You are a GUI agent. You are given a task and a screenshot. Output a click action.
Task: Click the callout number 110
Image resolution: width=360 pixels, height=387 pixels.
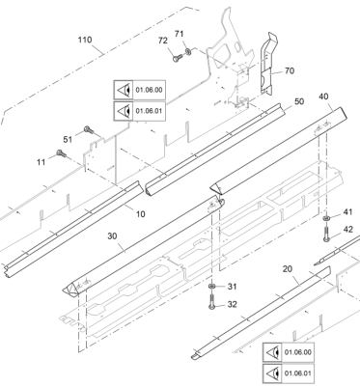pyautogui.click(x=85, y=40)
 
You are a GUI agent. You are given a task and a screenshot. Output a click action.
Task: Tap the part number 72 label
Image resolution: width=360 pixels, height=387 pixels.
pyautogui.click(x=163, y=41)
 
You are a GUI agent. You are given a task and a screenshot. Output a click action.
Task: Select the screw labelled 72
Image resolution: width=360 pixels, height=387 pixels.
pyautogui.click(x=178, y=58)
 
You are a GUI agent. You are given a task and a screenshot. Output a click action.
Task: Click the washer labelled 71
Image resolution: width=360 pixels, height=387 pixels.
pyautogui.click(x=188, y=51)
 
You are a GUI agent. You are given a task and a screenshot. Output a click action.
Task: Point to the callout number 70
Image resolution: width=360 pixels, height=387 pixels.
pyautogui.click(x=290, y=70)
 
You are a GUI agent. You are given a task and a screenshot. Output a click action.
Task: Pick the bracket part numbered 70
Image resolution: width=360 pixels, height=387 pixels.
pyautogui.click(x=269, y=64)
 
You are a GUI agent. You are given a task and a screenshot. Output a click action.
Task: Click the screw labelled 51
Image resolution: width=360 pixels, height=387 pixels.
pyautogui.click(x=88, y=130)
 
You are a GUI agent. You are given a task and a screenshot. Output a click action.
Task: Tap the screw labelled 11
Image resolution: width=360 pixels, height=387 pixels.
pyautogui.click(x=61, y=153)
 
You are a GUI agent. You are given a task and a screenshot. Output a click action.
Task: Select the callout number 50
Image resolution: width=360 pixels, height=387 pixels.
pyautogui.click(x=299, y=101)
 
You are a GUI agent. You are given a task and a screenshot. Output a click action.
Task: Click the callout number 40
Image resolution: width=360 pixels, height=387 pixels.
pyautogui.click(x=323, y=97)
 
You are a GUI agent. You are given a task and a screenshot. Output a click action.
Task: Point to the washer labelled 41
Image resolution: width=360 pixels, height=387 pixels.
pyautogui.click(x=326, y=219)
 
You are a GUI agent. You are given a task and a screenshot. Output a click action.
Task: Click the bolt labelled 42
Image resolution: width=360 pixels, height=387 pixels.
pyautogui.click(x=326, y=234)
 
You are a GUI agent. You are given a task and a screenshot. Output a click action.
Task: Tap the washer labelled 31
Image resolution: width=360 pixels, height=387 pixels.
pyautogui.click(x=212, y=286)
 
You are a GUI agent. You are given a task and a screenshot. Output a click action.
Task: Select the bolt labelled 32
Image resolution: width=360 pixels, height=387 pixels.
pyautogui.click(x=212, y=302)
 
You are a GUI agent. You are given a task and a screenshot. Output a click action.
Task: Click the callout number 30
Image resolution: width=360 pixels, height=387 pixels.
pyautogui.click(x=112, y=236)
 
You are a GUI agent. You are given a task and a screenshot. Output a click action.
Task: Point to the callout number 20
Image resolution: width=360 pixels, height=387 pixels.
pyautogui.click(x=288, y=269)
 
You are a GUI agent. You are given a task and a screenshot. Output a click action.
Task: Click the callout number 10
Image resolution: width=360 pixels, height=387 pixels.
pyautogui.click(x=140, y=214)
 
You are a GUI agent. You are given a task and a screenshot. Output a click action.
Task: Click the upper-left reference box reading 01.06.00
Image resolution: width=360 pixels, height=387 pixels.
pyautogui.click(x=140, y=90)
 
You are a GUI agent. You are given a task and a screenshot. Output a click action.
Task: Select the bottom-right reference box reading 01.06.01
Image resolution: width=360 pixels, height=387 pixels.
pyautogui.click(x=289, y=373)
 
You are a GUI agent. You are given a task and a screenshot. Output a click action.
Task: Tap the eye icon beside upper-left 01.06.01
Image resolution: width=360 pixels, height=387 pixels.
pyautogui.click(x=124, y=111)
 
